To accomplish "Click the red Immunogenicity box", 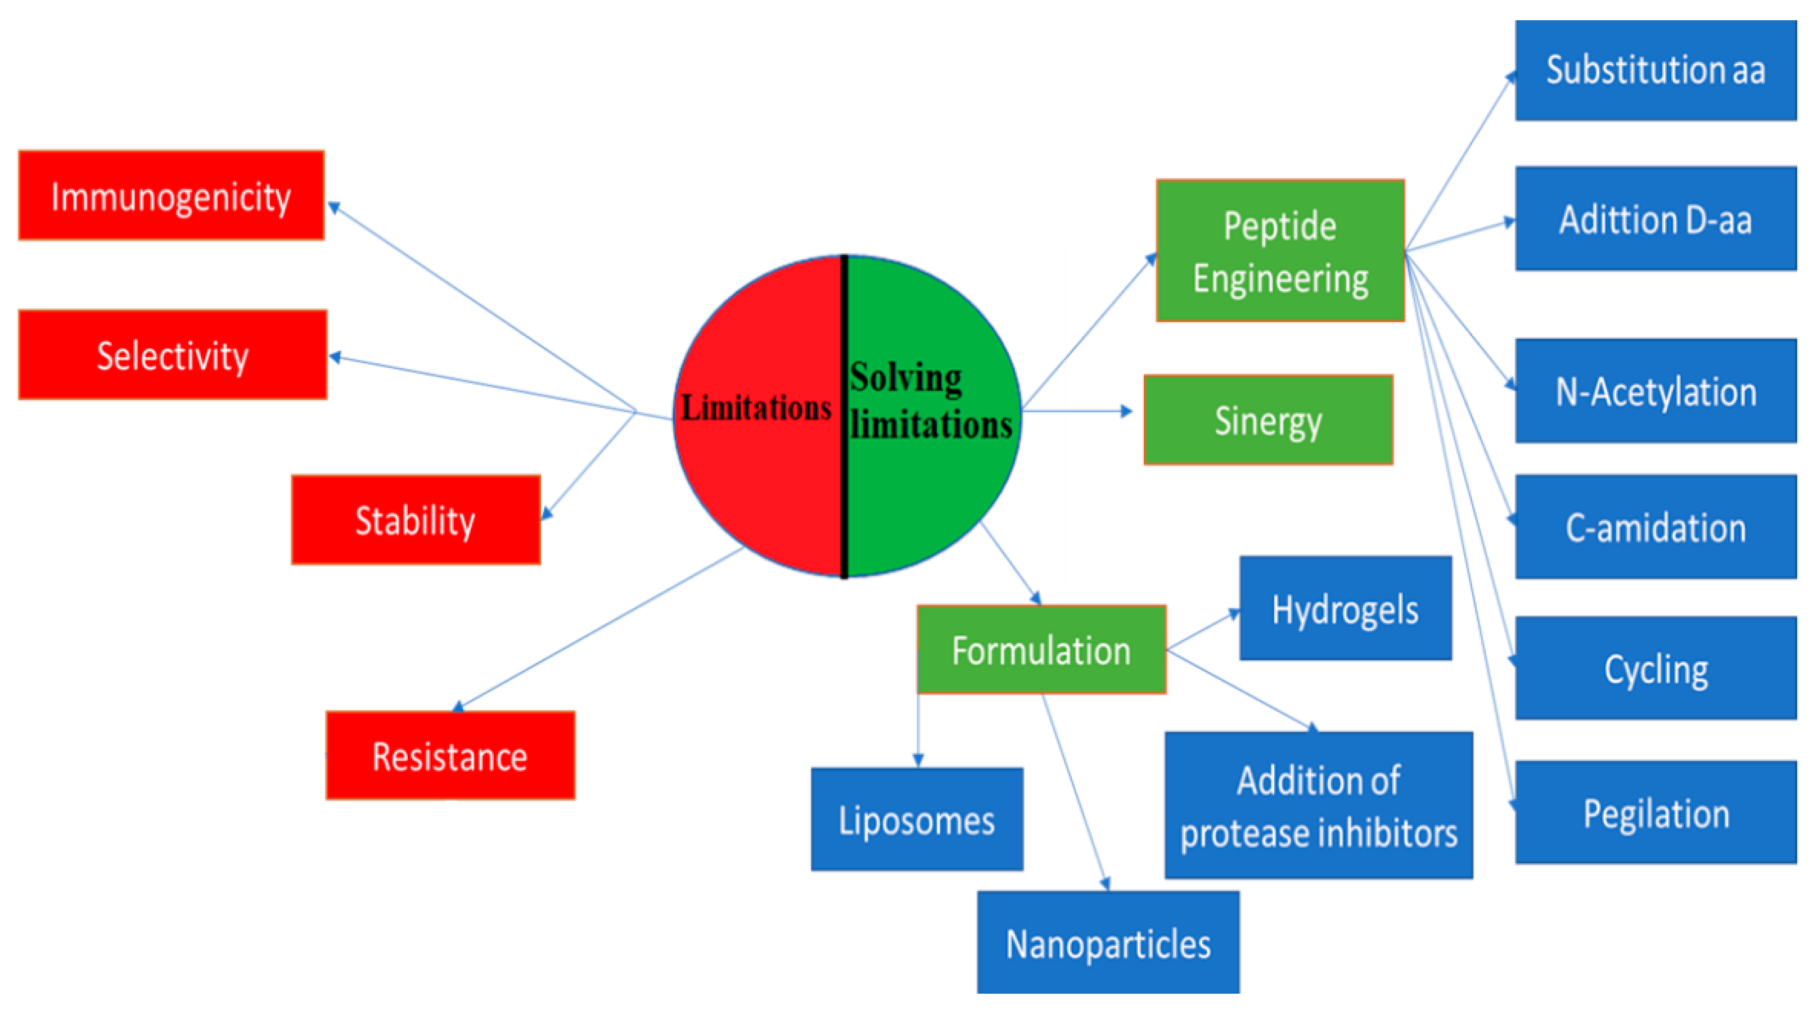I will (171, 196).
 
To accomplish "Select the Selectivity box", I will (173, 355).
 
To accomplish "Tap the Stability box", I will (415, 520).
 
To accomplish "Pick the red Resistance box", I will (450, 756).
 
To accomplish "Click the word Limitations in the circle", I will (756, 408).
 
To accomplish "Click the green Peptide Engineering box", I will (1279, 251).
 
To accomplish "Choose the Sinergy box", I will (1268, 420).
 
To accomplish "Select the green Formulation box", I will (1041, 650).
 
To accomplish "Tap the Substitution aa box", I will (1656, 70).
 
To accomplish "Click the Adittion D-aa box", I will (1656, 219).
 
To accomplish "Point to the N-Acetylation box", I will (1656, 391).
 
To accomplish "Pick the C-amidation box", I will (1656, 527).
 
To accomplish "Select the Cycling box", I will (1656, 668).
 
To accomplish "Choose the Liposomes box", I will (917, 820).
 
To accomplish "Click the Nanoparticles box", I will (1108, 943).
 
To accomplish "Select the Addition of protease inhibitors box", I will (1318, 806).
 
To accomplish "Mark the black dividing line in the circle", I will (844, 493).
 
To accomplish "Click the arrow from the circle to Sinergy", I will (1077, 411).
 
